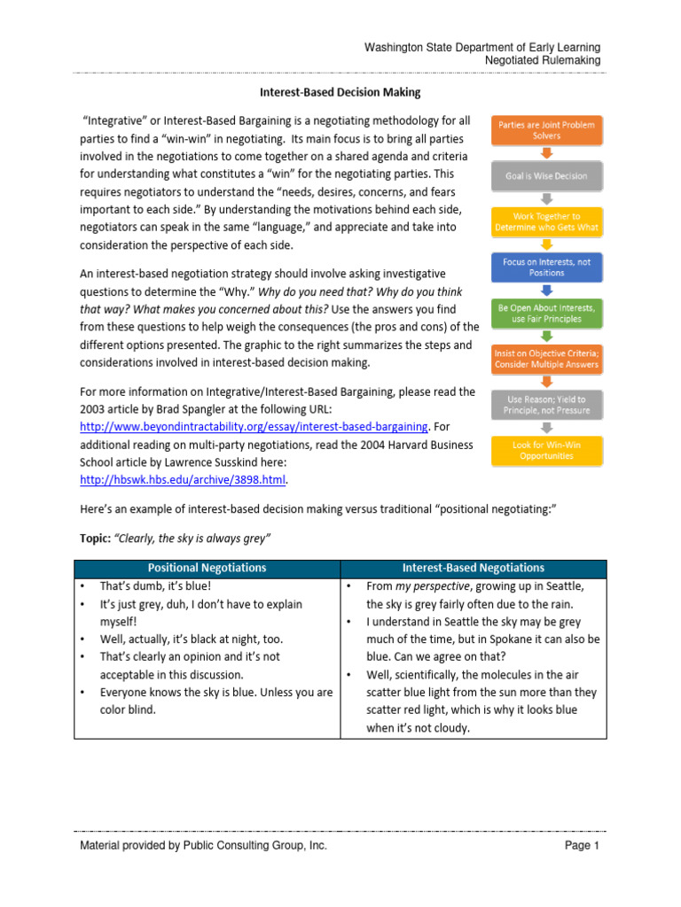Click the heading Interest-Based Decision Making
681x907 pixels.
pos(340,92)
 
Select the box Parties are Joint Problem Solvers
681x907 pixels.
pos(546,130)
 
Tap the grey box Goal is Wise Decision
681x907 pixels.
pos(546,176)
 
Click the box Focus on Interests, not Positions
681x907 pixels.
pos(546,267)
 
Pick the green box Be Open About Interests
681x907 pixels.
pos(546,313)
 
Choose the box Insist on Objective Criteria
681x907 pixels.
pos(546,359)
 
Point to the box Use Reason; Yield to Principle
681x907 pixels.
pos(546,405)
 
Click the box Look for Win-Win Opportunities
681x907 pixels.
pos(546,451)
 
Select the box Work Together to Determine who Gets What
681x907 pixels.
pos(546,221)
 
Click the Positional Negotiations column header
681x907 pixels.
pos(207,568)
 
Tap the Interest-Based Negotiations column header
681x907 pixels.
pos(474,568)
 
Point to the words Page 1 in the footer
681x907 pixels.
pos(582,846)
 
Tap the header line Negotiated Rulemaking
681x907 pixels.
pos(543,60)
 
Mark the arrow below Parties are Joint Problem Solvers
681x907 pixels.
pos(546,153)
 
